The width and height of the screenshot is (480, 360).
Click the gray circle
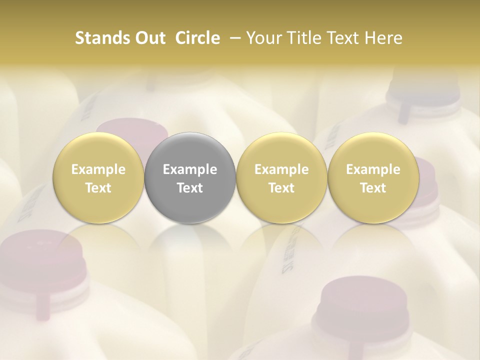click(x=190, y=178)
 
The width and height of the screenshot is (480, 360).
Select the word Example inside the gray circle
click(x=190, y=169)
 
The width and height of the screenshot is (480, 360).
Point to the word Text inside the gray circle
click(x=190, y=188)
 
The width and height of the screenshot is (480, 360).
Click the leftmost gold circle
click(x=98, y=178)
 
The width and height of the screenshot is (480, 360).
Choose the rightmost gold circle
click(x=373, y=178)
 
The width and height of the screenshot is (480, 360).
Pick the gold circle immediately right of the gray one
click(x=281, y=178)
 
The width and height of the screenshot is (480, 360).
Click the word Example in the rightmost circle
click(x=373, y=169)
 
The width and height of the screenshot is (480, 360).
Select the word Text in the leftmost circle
click(x=98, y=188)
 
